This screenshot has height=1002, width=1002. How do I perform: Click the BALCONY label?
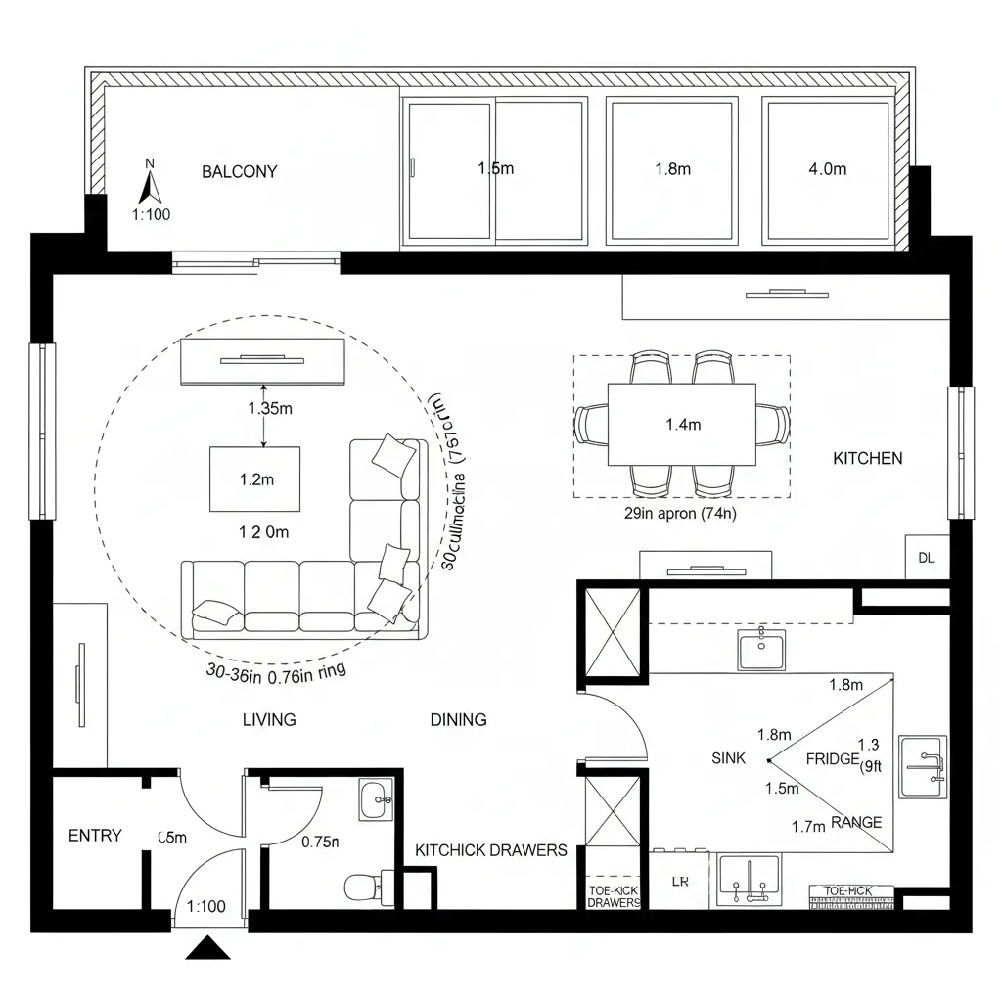[239, 171]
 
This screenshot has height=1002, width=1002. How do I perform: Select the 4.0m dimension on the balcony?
[827, 169]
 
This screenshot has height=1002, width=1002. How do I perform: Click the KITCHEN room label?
[867, 458]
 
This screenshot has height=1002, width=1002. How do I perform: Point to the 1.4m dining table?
[682, 425]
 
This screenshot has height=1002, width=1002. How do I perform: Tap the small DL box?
[926, 558]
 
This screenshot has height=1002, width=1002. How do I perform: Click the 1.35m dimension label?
[269, 409]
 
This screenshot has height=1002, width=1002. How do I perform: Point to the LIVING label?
[269, 720]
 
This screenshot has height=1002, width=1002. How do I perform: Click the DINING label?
[458, 720]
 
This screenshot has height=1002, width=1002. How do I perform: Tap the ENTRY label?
[95, 836]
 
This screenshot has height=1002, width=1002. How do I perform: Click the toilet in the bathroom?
[363, 887]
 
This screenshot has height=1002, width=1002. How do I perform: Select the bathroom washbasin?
[375, 799]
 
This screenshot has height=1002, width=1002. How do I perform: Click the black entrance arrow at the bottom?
[206, 947]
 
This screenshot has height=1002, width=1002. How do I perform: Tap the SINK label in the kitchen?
[729, 758]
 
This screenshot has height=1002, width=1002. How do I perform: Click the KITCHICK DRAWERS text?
[491, 850]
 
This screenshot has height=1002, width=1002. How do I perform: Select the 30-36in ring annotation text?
[277, 671]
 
